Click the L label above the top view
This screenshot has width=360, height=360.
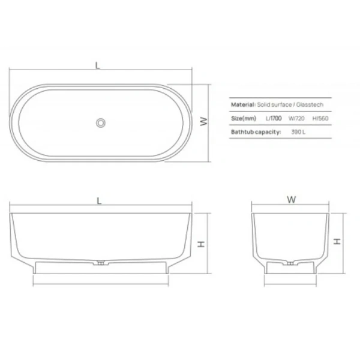point(98,65)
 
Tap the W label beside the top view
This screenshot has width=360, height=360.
point(204,122)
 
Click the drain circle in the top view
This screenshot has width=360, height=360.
point(101,122)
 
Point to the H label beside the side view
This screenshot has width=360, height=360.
point(202,244)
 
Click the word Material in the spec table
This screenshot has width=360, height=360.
point(244,104)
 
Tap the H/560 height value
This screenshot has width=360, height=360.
point(323,118)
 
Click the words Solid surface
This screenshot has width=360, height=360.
point(269,104)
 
